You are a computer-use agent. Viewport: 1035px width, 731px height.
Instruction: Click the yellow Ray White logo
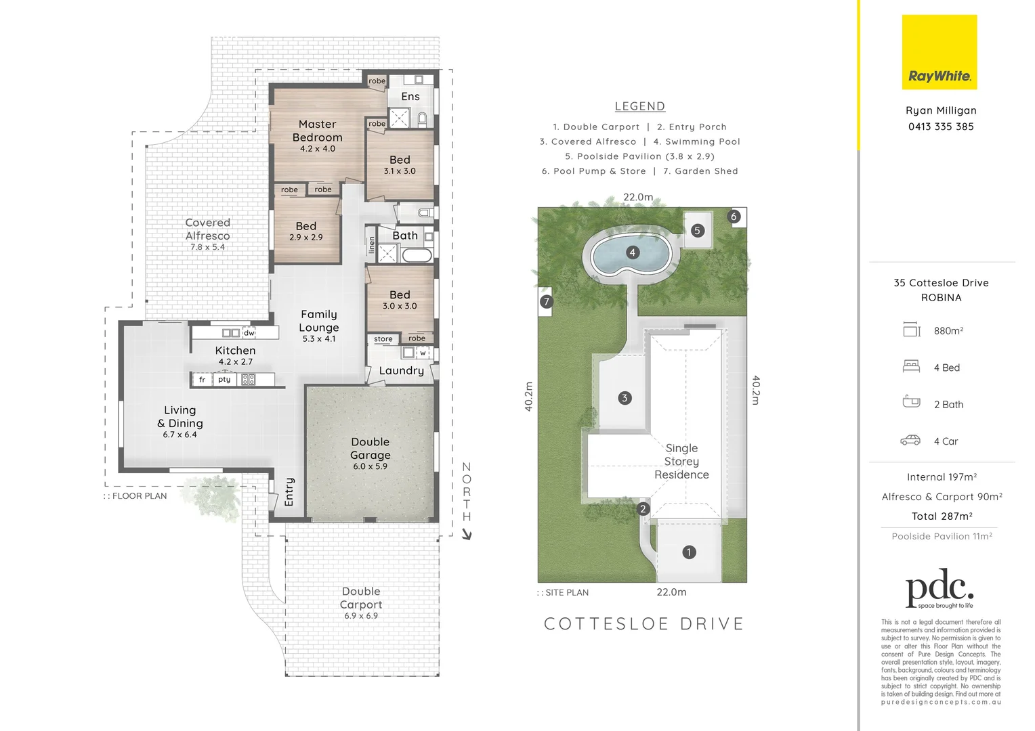(x=939, y=52)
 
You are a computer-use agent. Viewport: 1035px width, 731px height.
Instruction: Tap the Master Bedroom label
(x=317, y=131)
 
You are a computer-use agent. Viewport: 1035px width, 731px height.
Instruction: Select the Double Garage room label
(x=370, y=449)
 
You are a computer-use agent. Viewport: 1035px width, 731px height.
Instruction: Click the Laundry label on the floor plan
(x=401, y=371)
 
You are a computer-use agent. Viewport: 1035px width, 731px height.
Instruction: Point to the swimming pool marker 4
(x=632, y=252)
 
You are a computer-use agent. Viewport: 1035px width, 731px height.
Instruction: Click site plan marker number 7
(x=547, y=302)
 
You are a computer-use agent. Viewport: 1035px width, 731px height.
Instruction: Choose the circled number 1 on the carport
(x=688, y=552)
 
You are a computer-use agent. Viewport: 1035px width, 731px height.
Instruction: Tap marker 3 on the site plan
(x=625, y=398)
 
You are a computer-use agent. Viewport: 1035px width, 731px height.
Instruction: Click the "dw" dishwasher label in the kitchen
(x=249, y=333)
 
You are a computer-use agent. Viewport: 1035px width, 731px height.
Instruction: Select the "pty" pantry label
(x=224, y=380)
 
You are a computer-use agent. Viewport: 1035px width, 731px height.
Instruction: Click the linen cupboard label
(x=371, y=245)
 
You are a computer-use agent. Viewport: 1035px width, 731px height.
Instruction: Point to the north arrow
(x=466, y=534)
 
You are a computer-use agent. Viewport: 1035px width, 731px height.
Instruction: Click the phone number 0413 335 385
(x=941, y=127)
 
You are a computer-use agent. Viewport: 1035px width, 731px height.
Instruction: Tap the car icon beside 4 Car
(x=910, y=441)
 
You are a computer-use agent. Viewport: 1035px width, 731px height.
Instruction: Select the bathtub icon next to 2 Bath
(x=911, y=402)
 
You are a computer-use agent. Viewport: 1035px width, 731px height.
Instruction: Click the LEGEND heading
(x=639, y=106)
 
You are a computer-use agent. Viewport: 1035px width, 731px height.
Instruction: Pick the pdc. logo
(x=939, y=591)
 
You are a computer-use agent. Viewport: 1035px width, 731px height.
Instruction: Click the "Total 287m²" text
(x=942, y=516)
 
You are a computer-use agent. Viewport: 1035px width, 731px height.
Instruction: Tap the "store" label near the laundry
(x=383, y=339)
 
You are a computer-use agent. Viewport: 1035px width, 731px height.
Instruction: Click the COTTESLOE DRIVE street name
(x=643, y=624)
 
